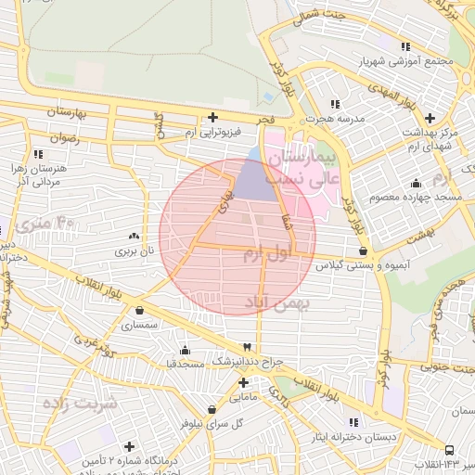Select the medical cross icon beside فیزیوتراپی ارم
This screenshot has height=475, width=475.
[212, 117]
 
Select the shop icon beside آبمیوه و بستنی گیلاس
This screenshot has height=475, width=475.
[361, 250]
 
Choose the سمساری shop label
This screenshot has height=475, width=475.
[140, 326]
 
